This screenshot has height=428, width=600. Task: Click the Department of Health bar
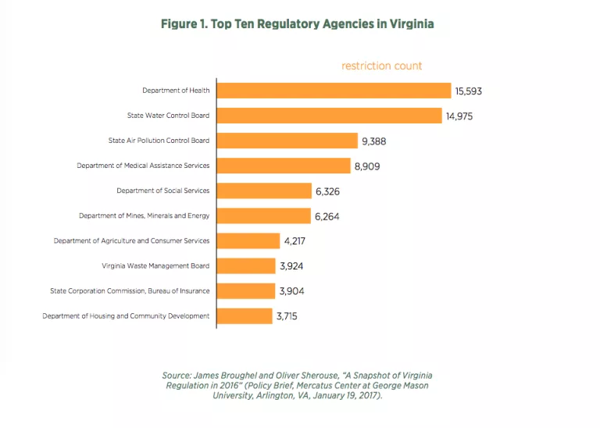tap(334, 91)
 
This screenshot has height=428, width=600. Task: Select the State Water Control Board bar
tap(329, 116)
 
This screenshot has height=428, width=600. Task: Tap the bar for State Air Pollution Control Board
tap(286, 141)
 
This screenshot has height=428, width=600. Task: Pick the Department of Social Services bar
tap(263, 191)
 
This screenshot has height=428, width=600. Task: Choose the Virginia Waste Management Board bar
tap(245, 266)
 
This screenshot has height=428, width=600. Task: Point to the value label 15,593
tap(469, 91)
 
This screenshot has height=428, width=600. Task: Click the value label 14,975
tap(459, 116)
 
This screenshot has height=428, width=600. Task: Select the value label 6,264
tap(330, 216)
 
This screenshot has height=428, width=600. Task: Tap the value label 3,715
tap(286, 316)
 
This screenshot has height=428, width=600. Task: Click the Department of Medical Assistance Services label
tap(143, 166)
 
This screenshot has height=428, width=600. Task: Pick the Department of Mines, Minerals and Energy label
tap(145, 216)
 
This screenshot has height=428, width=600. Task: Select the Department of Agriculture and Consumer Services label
tap(131, 241)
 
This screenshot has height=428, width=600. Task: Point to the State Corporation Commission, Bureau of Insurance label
tap(130, 291)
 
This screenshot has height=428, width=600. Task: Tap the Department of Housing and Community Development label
tap(126, 316)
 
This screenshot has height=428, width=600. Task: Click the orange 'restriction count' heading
tap(381, 66)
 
